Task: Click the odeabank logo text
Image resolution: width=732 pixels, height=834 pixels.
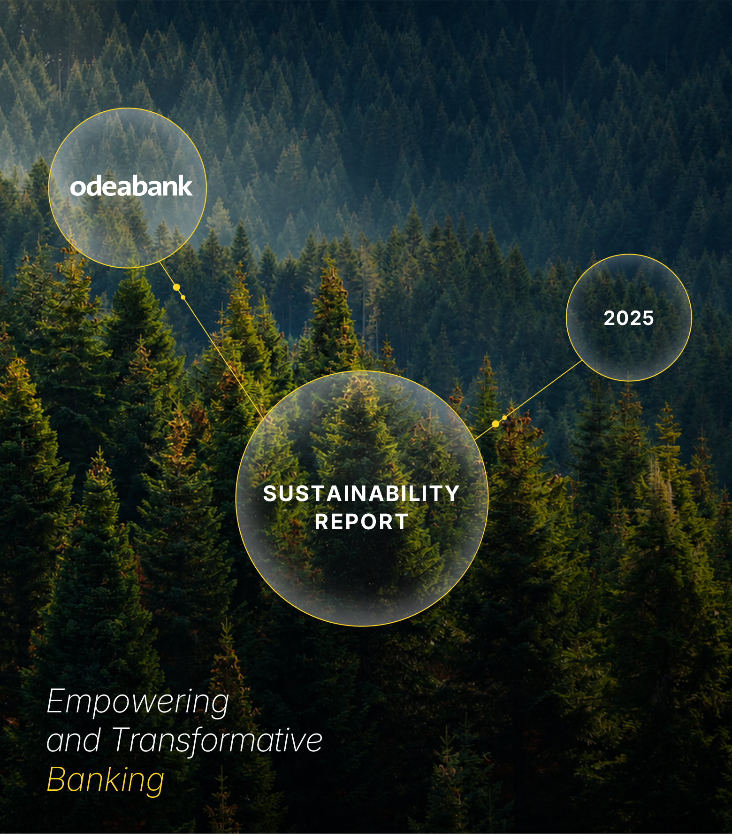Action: pyautogui.click(x=131, y=186)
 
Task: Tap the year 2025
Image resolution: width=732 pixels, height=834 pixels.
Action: pyautogui.click(x=629, y=318)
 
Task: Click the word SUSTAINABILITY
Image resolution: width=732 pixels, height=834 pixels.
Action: pyautogui.click(x=361, y=494)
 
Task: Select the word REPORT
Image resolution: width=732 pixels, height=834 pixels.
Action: pyautogui.click(x=361, y=522)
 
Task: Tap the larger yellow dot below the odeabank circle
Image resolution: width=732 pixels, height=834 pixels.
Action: pyautogui.click(x=176, y=287)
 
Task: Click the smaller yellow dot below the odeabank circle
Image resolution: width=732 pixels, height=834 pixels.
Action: pyautogui.click(x=183, y=297)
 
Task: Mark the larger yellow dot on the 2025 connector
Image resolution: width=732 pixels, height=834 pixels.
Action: pyautogui.click(x=496, y=424)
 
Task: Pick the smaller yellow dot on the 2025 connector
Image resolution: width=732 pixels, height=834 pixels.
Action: pyautogui.click(x=504, y=417)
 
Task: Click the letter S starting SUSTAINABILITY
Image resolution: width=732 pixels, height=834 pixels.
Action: pyautogui.click(x=270, y=494)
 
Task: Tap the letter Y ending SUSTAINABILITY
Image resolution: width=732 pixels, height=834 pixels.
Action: pyautogui.click(x=453, y=494)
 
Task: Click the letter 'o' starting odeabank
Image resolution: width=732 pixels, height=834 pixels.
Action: pyautogui.click(x=77, y=187)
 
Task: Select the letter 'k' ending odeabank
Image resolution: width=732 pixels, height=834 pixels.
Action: pyautogui.click(x=186, y=186)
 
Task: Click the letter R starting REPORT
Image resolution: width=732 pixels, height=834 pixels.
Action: pyautogui.click(x=322, y=522)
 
